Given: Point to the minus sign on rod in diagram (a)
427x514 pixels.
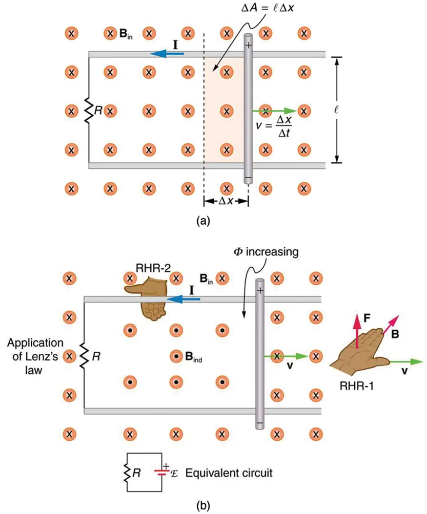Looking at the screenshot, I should [248, 178].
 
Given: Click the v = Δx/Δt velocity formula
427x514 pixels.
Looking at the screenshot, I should [277, 125].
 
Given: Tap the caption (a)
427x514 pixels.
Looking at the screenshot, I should [203, 221].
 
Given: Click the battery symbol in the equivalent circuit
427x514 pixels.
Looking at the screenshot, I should [162, 471].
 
